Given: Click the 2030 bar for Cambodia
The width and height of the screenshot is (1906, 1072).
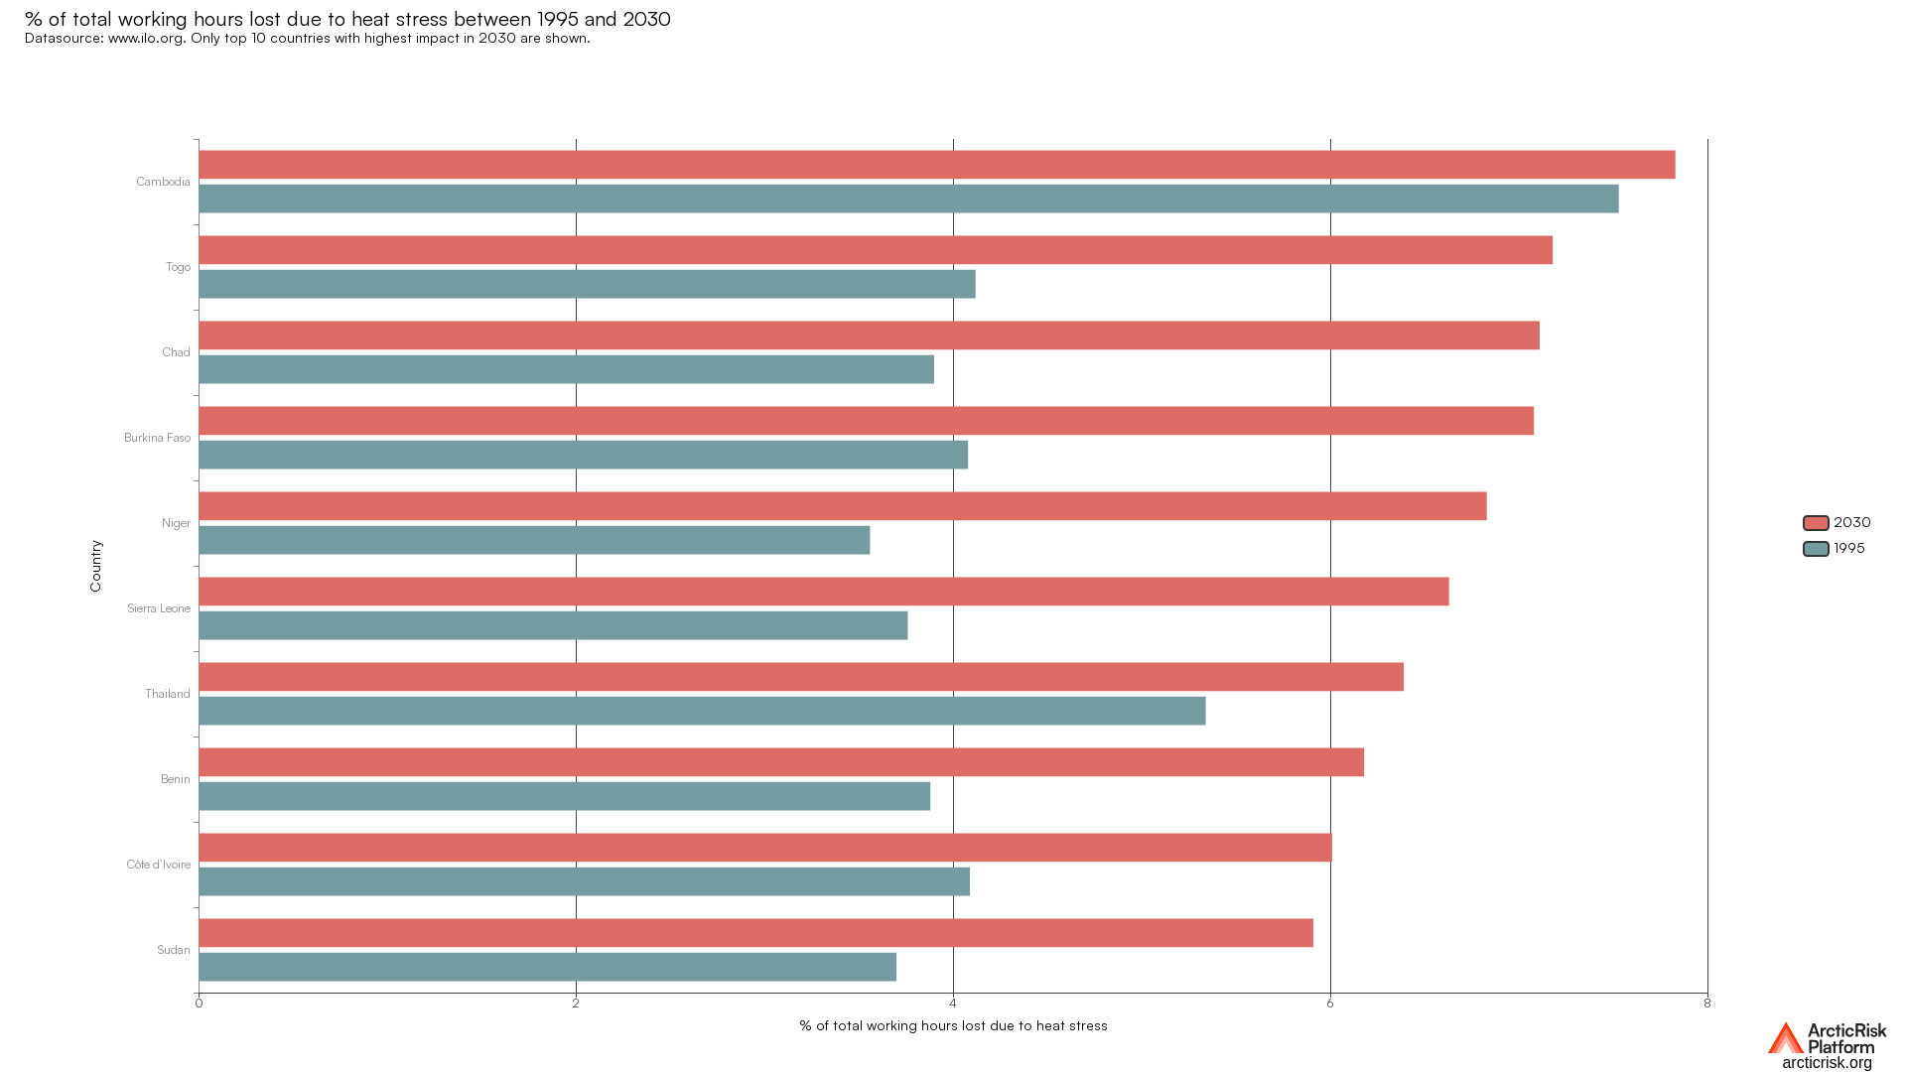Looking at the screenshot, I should point(936,165).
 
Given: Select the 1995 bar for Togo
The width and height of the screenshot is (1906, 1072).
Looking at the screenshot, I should point(587,284).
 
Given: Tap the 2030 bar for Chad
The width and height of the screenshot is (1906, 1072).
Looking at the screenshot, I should point(869,335).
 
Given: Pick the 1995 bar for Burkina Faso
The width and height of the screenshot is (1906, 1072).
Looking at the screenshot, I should point(583,455).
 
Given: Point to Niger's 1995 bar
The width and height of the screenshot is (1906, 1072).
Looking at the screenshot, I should point(534,540).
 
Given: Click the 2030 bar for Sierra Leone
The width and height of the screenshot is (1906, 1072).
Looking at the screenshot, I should point(823,592).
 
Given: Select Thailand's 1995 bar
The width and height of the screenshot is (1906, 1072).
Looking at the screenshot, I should point(702,711).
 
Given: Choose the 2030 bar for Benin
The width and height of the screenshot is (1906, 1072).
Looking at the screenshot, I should point(781,762).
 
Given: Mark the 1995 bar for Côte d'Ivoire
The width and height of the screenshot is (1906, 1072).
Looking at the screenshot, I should point(584,881).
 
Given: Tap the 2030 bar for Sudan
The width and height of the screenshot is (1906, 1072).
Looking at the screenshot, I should point(755,933).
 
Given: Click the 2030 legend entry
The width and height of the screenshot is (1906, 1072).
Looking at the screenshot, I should point(1837,523).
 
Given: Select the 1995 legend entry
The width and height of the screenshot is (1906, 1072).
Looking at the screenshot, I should point(1835,549).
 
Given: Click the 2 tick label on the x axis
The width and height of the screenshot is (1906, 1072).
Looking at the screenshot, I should point(576,1004).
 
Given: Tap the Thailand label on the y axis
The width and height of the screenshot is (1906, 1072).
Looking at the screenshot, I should point(167,694).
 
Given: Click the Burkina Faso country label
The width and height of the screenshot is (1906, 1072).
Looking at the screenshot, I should point(157,438).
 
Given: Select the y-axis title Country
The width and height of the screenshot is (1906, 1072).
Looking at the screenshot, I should point(96,566).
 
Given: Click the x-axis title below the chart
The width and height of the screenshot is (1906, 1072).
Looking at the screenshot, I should point(953,1026).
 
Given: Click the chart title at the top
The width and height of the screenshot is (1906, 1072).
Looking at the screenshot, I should point(347,19).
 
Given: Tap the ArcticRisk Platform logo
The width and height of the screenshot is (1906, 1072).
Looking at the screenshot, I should point(1827,1046).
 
